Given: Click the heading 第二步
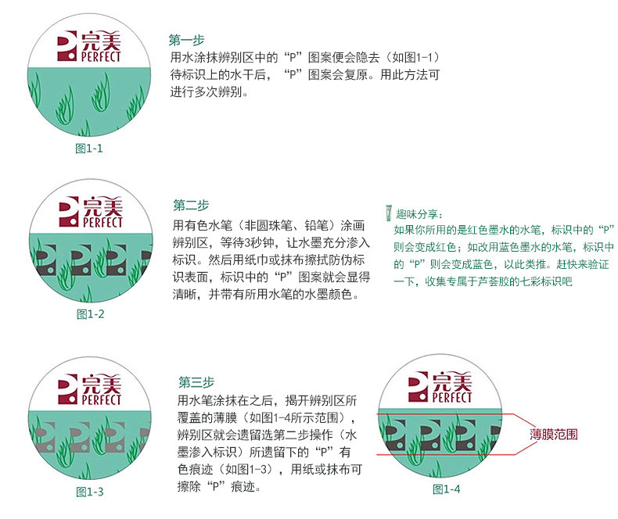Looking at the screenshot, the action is click(x=191, y=206).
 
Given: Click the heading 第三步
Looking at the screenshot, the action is click(x=196, y=382).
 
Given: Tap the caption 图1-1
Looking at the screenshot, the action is click(x=88, y=148).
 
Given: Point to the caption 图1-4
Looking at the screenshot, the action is click(x=447, y=489).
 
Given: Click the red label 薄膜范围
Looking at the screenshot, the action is click(x=553, y=434).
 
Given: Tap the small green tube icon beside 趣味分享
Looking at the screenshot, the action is click(x=389, y=213).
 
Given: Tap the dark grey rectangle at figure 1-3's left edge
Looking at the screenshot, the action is click(x=38, y=438).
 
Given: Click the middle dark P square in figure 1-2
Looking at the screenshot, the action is click(x=77, y=259).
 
